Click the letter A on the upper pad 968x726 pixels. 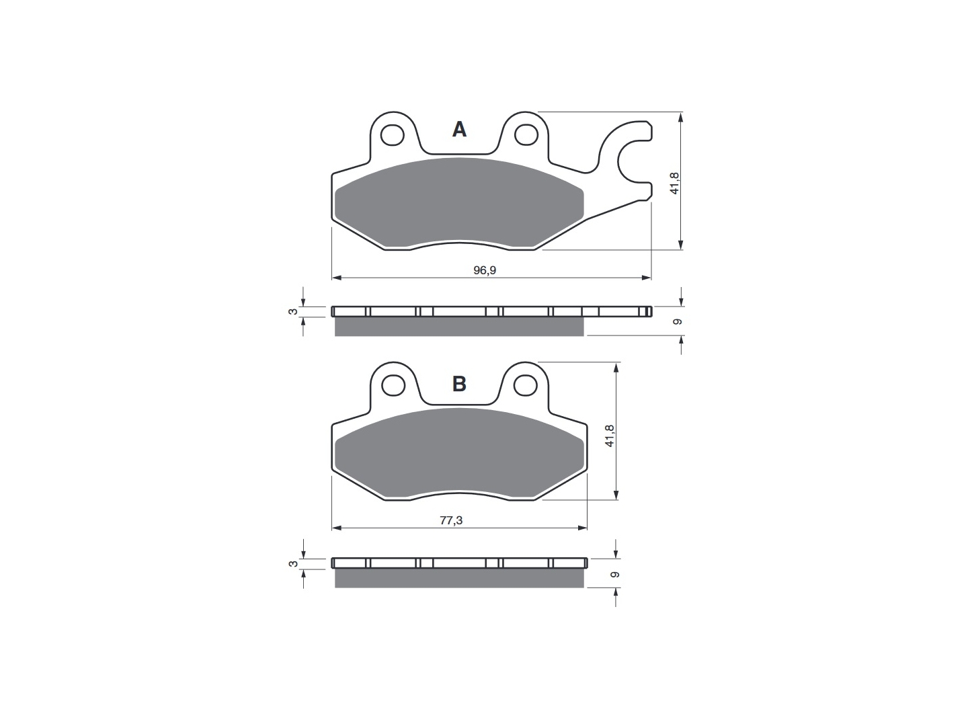coord(459,130)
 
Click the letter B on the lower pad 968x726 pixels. coord(459,384)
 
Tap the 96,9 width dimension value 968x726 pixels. coord(485,270)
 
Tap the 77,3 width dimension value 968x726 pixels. coord(451,520)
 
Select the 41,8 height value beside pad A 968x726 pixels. coord(675,182)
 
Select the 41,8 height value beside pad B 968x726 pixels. coord(610,436)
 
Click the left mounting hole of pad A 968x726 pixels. coord(392,135)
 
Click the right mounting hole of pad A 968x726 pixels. coord(526,135)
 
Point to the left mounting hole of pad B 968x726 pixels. coord(393,386)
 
